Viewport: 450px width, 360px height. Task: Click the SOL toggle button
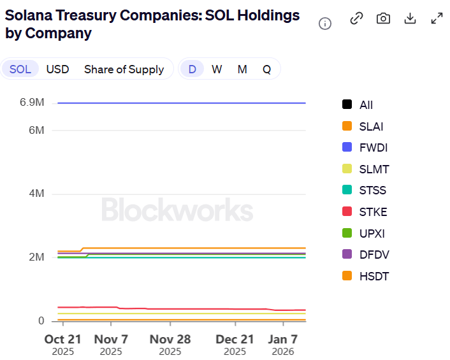20,69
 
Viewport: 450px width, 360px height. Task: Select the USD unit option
57,69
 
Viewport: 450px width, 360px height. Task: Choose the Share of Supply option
124,69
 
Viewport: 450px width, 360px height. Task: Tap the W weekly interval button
217,69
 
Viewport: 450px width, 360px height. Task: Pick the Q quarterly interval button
266,69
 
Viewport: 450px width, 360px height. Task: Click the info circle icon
325,24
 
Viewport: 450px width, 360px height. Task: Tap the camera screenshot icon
383,18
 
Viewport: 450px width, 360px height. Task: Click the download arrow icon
410,18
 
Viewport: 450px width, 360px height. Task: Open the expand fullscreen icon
437,18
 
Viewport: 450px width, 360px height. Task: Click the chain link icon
356,18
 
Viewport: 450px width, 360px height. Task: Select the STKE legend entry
373,212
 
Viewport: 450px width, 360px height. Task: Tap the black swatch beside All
347,105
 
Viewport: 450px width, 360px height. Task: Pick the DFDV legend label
374,255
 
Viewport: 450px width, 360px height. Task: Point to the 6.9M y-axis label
32,103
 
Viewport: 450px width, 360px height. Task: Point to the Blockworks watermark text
177,210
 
